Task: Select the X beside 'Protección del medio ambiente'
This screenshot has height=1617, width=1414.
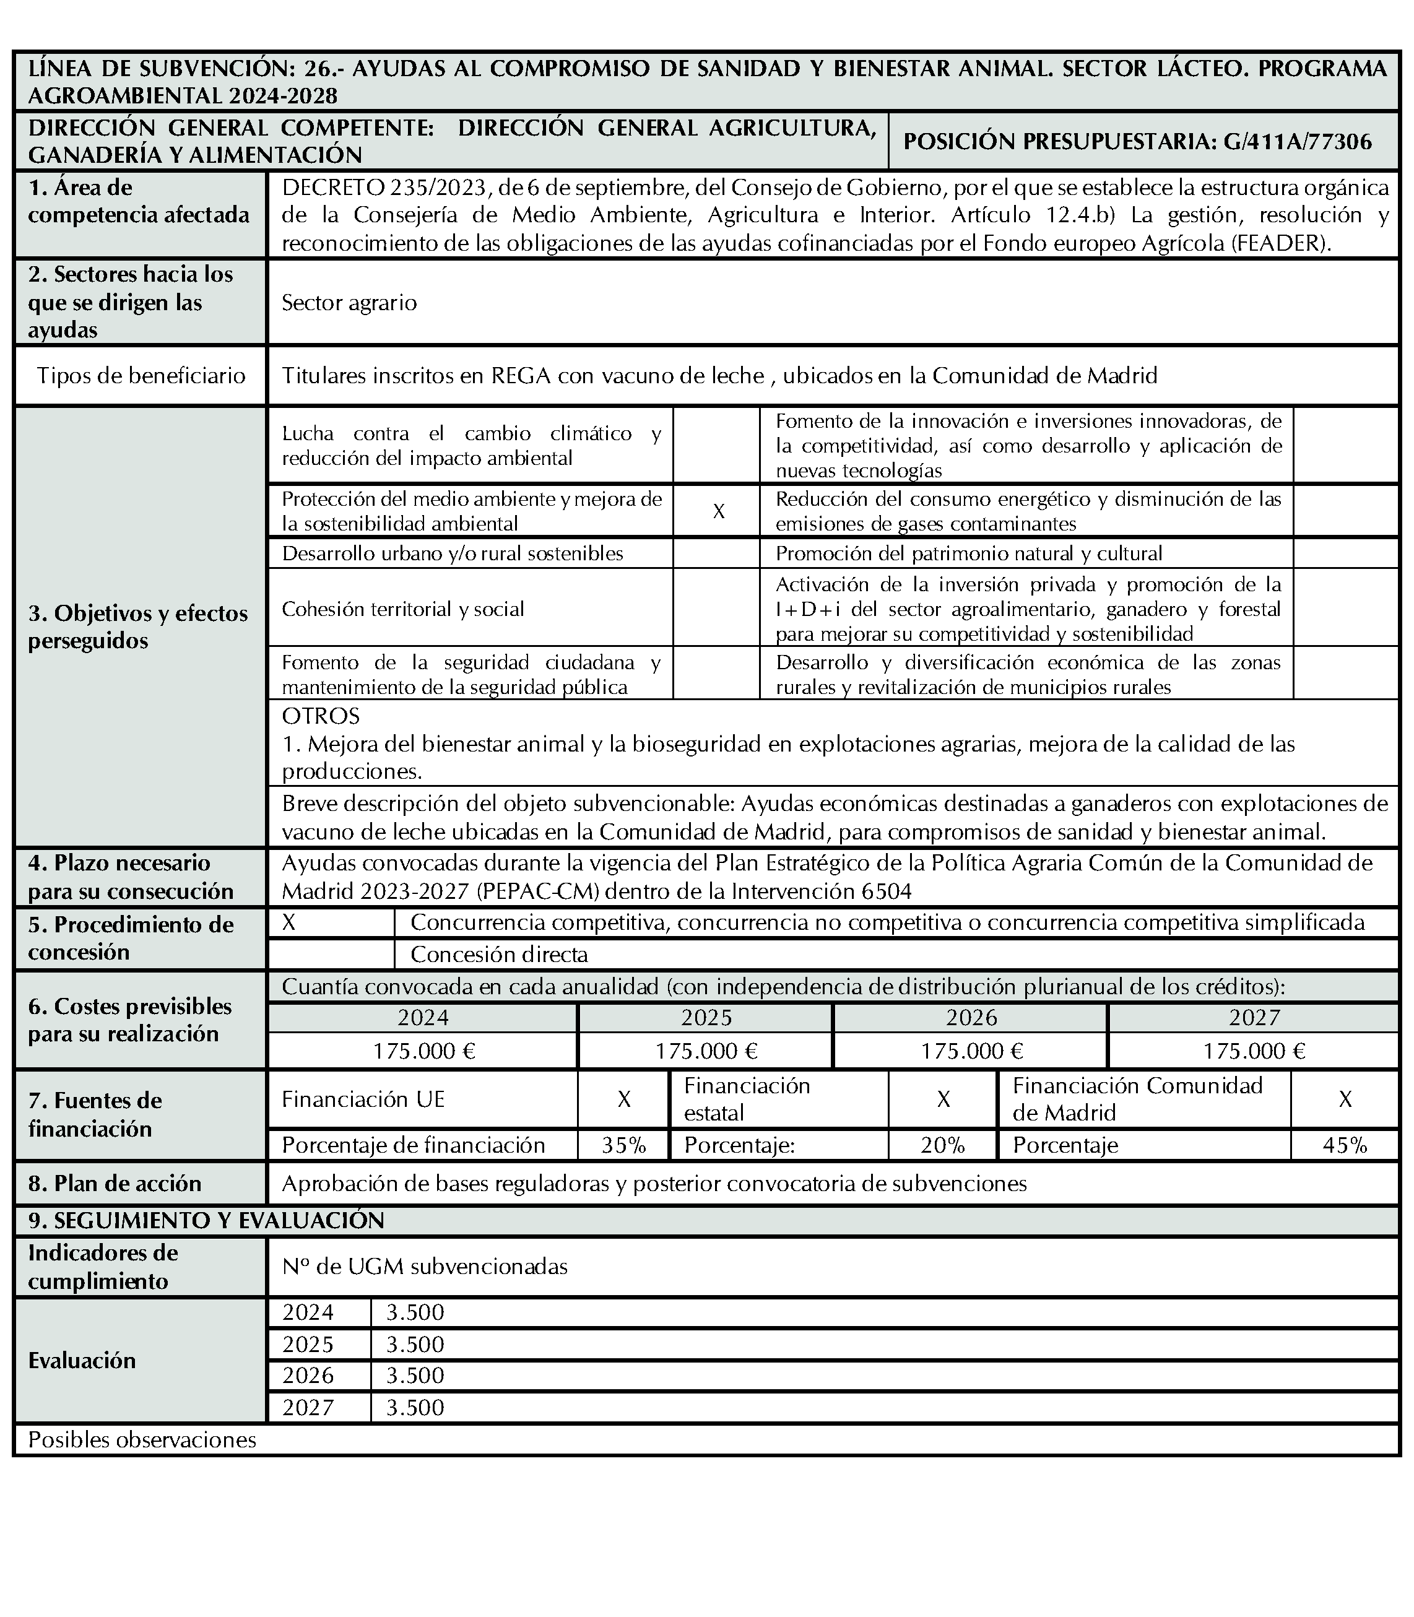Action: coord(718,511)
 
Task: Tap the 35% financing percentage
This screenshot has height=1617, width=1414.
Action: coord(623,1145)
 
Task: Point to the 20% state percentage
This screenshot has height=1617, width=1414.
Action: coord(942,1145)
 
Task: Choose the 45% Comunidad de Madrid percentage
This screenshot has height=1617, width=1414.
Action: coord(1345,1145)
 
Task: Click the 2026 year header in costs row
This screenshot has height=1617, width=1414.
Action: coord(971,1017)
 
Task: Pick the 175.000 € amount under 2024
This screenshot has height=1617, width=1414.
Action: coord(423,1051)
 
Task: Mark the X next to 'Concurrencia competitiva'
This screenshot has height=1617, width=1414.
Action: coord(288,922)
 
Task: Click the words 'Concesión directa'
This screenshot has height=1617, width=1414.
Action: coord(499,955)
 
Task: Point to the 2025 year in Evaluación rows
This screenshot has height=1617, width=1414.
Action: coord(308,1344)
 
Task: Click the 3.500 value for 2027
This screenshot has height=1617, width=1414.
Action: coord(415,1407)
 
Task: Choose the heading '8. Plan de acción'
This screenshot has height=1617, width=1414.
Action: coord(115,1183)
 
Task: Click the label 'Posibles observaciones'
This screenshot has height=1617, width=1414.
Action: coord(142,1439)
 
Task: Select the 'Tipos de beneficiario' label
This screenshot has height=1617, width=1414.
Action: coord(141,376)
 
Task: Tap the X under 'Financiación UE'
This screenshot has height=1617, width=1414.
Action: coord(623,1099)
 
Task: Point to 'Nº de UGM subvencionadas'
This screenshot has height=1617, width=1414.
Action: coord(425,1267)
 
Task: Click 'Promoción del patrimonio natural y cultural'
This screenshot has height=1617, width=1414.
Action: coord(968,553)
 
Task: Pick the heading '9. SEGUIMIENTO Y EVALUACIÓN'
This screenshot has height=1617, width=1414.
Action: coord(206,1220)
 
